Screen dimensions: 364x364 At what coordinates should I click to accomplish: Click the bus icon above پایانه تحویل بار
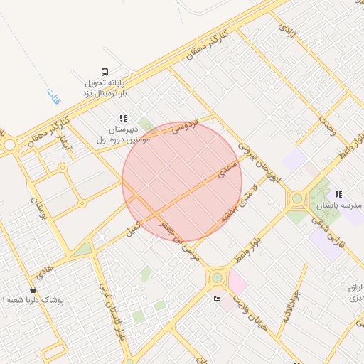[105, 71]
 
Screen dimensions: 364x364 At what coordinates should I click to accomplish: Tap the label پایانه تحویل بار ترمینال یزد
[105, 88]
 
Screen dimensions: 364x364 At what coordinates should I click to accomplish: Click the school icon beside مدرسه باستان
[339, 193]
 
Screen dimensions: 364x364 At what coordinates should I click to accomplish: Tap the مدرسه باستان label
[334, 205]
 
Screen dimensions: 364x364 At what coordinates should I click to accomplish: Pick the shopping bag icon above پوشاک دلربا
[33, 289]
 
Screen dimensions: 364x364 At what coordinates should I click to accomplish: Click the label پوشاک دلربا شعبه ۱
[33, 301]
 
